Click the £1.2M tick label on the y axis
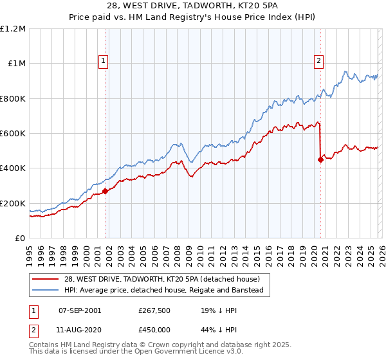[x=13, y=29]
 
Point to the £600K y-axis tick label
[x=13, y=134]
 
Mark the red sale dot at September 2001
[x=105, y=191]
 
